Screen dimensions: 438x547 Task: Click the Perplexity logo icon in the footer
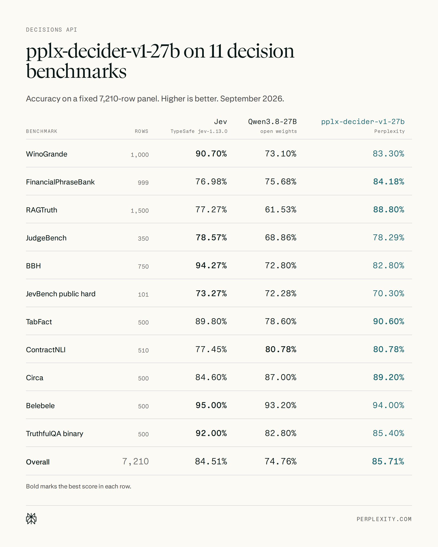tap(31, 519)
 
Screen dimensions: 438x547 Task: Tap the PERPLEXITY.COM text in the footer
tap(384, 519)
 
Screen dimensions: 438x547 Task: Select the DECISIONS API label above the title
tap(52, 30)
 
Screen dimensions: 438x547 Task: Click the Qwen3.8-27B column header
tap(272, 122)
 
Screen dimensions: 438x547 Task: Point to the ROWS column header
tap(141, 131)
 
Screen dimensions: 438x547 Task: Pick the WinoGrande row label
tap(47, 154)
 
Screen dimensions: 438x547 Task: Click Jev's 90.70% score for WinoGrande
tap(211, 154)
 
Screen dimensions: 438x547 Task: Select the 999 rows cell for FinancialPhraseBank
tap(143, 183)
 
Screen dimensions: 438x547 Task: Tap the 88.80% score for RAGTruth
tap(389, 209)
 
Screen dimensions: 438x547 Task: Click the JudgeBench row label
tap(46, 238)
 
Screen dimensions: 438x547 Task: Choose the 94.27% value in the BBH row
tap(211, 265)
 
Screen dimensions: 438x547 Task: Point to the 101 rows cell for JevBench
tap(143, 295)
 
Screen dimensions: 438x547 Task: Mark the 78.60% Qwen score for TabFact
tap(281, 321)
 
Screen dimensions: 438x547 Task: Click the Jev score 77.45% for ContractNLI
tap(211, 349)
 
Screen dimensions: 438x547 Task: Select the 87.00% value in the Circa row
tap(281, 377)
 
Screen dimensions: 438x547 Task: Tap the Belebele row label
tap(40, 406)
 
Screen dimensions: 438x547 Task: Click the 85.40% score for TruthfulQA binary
tap(389, 433)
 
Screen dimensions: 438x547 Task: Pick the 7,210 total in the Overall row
tap(136, 462)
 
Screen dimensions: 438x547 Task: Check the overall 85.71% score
tap(388, 461)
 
